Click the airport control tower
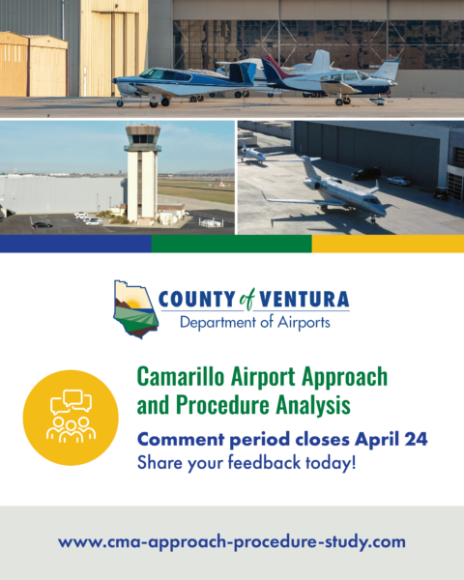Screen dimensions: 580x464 (x=143, y=170)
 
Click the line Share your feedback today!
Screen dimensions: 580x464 (x=246, y=462)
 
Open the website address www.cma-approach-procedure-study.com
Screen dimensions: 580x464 (x=232, y=541)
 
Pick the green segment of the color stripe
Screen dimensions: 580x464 (x=231, y=244)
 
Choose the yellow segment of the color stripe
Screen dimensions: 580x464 (x=388, y=244)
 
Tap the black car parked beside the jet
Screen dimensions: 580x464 (x=366, y=174)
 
